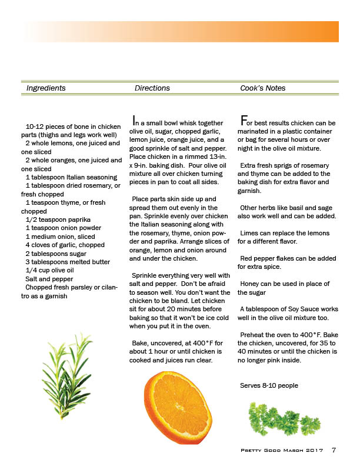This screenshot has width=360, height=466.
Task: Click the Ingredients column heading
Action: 46,88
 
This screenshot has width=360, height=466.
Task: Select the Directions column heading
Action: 152,88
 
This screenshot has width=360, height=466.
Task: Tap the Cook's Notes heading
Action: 262,88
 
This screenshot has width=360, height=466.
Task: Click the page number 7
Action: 334,451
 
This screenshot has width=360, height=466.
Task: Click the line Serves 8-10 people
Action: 269,386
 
